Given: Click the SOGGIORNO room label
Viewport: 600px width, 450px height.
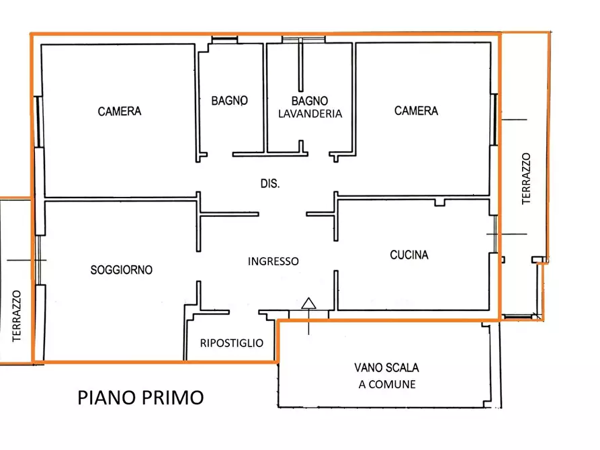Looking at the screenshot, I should (x=122, y=270).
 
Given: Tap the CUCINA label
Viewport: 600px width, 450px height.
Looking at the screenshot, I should (x=409, y=255).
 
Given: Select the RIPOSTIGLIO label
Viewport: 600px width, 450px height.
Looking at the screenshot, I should (x=232, y=343).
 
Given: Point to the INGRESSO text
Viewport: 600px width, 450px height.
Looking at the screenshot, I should (x=273, y=261).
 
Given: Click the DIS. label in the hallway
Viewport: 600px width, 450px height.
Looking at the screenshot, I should (x=269, y=183).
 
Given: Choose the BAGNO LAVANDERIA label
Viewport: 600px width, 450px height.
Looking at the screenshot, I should (x=310, y=107).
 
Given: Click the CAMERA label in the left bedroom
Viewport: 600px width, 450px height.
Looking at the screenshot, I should (x=120, y=111).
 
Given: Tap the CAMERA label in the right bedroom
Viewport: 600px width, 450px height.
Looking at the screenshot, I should (x=416, y=111).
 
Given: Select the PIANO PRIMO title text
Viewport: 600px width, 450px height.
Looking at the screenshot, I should (x=140, y=398).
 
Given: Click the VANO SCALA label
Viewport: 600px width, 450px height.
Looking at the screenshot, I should (x=386, y=368).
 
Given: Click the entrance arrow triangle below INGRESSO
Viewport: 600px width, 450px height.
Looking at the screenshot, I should (x=308, y=303).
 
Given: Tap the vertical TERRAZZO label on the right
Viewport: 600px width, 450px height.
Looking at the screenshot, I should (x=526, y=178).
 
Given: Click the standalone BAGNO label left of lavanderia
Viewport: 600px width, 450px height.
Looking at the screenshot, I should (x=230, y=101).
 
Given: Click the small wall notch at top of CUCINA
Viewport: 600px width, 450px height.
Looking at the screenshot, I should (x=440, y=201).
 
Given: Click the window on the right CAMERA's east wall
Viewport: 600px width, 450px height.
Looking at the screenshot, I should (x=496, y=119).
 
